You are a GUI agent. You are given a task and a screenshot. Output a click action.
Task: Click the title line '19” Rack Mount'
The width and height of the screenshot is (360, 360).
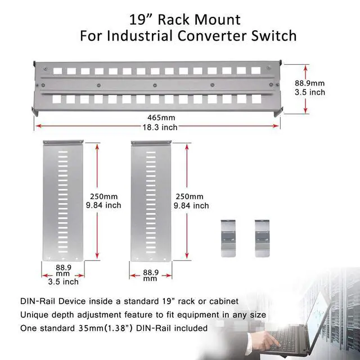pyautogui.click(x=184, y=20)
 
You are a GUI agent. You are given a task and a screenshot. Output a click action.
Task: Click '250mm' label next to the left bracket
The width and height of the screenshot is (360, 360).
pyautogui.click(x=104, y=196)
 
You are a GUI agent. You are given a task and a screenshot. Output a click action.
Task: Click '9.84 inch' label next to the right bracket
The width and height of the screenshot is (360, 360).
pyautogui.click(x=192, y=206)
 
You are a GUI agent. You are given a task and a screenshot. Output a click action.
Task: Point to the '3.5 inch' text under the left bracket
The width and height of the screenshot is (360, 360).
pyautogui.click(x=63, y=282)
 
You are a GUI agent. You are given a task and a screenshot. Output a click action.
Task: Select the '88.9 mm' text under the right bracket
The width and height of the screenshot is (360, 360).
pyautogui.click(x=150, y=274)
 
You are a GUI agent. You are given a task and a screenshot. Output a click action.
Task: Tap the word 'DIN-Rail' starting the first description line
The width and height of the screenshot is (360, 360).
pyautogui.click(x=37, y=302)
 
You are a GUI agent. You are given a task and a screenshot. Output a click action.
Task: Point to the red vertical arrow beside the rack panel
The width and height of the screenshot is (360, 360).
pyautogui.click(x=307, y=88)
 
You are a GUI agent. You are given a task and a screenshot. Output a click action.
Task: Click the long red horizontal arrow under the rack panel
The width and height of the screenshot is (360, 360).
pyautogui.click(x=157, y=125)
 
